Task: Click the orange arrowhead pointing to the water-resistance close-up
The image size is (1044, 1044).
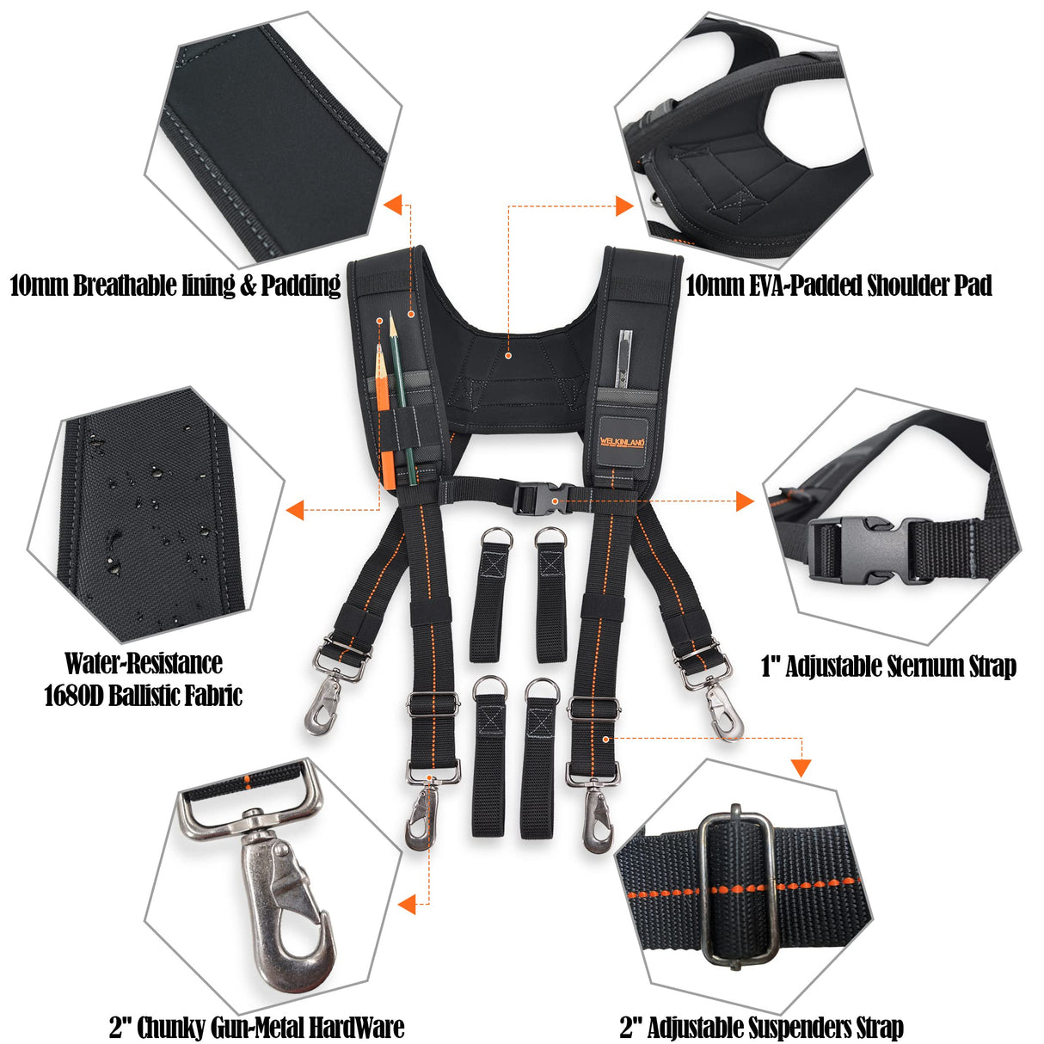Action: pyautogui.click(x=295, y=510)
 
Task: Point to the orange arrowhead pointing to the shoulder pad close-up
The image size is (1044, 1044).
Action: pyautogui.click(x=624, y=206)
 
